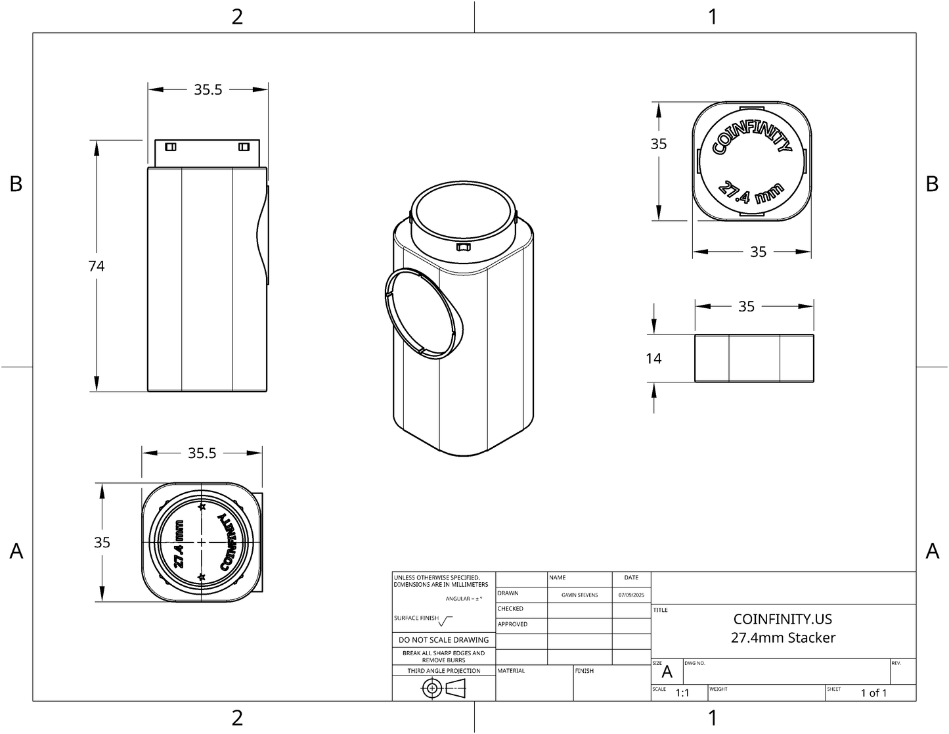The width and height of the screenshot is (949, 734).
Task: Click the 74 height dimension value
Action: tap(97, 266)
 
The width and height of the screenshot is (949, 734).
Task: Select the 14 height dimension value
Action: tap(653, 358)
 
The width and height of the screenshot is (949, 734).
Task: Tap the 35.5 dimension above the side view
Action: tap(208, 89)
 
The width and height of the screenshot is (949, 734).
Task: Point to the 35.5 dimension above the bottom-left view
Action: tap(202, 453)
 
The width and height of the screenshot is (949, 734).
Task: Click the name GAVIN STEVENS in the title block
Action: tap(579, 595)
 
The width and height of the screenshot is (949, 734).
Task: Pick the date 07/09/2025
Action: tap(631, 595)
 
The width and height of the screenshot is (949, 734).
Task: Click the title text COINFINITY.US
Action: tap(782, 619)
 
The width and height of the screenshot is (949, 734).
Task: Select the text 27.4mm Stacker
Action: tap(783, 637)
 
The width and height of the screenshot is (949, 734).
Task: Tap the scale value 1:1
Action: tap(682, 693)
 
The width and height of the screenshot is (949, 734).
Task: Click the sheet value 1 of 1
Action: tap(873, 693)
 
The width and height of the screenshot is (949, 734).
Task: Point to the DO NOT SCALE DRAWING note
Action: tap(444, 640)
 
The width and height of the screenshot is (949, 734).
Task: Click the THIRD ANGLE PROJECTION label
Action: tap(444, 671)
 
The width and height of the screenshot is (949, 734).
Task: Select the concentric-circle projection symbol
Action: tap(431, 689)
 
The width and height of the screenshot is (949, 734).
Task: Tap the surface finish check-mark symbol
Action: tap(446, 620)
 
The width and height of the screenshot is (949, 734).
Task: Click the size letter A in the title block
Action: tap(667, 672)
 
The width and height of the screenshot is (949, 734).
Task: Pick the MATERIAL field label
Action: tap(512, 671)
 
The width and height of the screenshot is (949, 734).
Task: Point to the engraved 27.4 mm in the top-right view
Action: tap(751, 191)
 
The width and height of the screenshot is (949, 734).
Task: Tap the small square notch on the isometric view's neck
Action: tap(463, 247)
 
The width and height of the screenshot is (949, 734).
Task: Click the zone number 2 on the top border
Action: tap(237, 16)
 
